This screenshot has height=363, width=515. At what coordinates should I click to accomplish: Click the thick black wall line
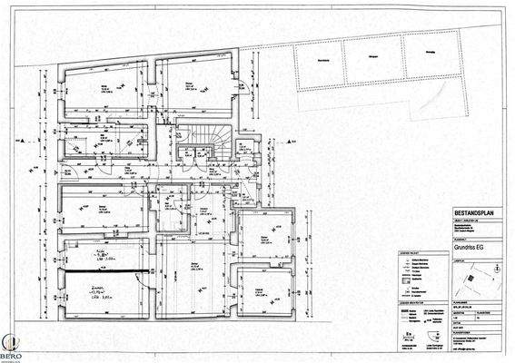(x=104, y=270)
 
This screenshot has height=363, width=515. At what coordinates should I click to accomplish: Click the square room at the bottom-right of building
(x=261, y=291)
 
